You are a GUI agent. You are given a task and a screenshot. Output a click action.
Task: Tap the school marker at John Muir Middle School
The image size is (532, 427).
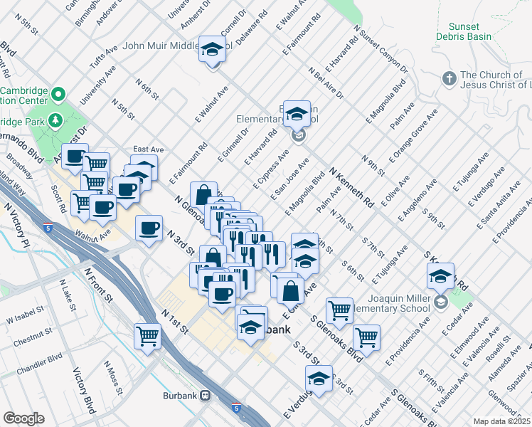tap(211, 50)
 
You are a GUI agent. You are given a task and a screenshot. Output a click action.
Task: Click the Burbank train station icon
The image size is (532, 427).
tap(206, 395)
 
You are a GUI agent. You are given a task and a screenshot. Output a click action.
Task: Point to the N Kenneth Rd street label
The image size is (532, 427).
tap(351, 187)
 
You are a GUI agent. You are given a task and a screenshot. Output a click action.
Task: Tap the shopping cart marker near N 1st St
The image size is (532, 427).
tap(148, 334)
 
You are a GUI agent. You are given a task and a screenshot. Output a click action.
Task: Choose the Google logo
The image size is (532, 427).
tap(24, 418)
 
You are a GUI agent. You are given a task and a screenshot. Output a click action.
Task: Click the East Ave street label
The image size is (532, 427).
tap(148, 149)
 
